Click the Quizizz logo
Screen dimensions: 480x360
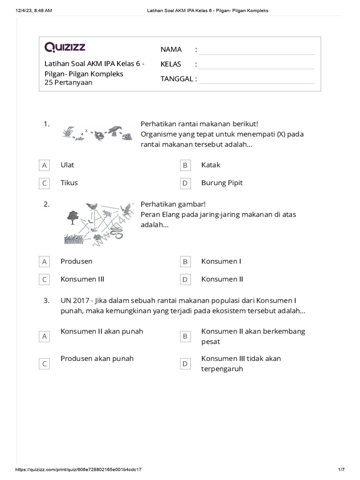pyautogui.click(x=65, y=47)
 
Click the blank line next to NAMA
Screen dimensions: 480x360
pyautogui.click(x=256, y=51)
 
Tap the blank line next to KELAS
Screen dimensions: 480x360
pyautogui.click(x=256, y=65)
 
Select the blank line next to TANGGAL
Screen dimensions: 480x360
pyautogui.click(x=256, y=80)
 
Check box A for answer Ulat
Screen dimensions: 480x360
pyautogui.click(x=45, y=165)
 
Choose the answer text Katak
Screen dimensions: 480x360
pyautogui.click(x=210, y=165)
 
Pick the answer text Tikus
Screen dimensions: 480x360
pyautogui.click(x=69, y=183)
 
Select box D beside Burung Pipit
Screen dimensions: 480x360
pyautogui.click(x=185, y=183)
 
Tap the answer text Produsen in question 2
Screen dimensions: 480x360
pyautogui.click(x=76, y=261)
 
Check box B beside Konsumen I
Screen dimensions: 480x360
pyautogui.click(x=185, y=262)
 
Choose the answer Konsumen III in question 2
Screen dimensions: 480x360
pyautogui.click(x=82, y=279)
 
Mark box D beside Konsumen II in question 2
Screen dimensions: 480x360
pyautogui.click(x=185, y=279)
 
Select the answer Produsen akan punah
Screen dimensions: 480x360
pyautogui.click(x=97, y=359)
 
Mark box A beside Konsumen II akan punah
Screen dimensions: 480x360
pyautogui.click(x=45, y=336)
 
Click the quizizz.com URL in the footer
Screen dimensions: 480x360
pyautogui.click(x=79, y=469)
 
